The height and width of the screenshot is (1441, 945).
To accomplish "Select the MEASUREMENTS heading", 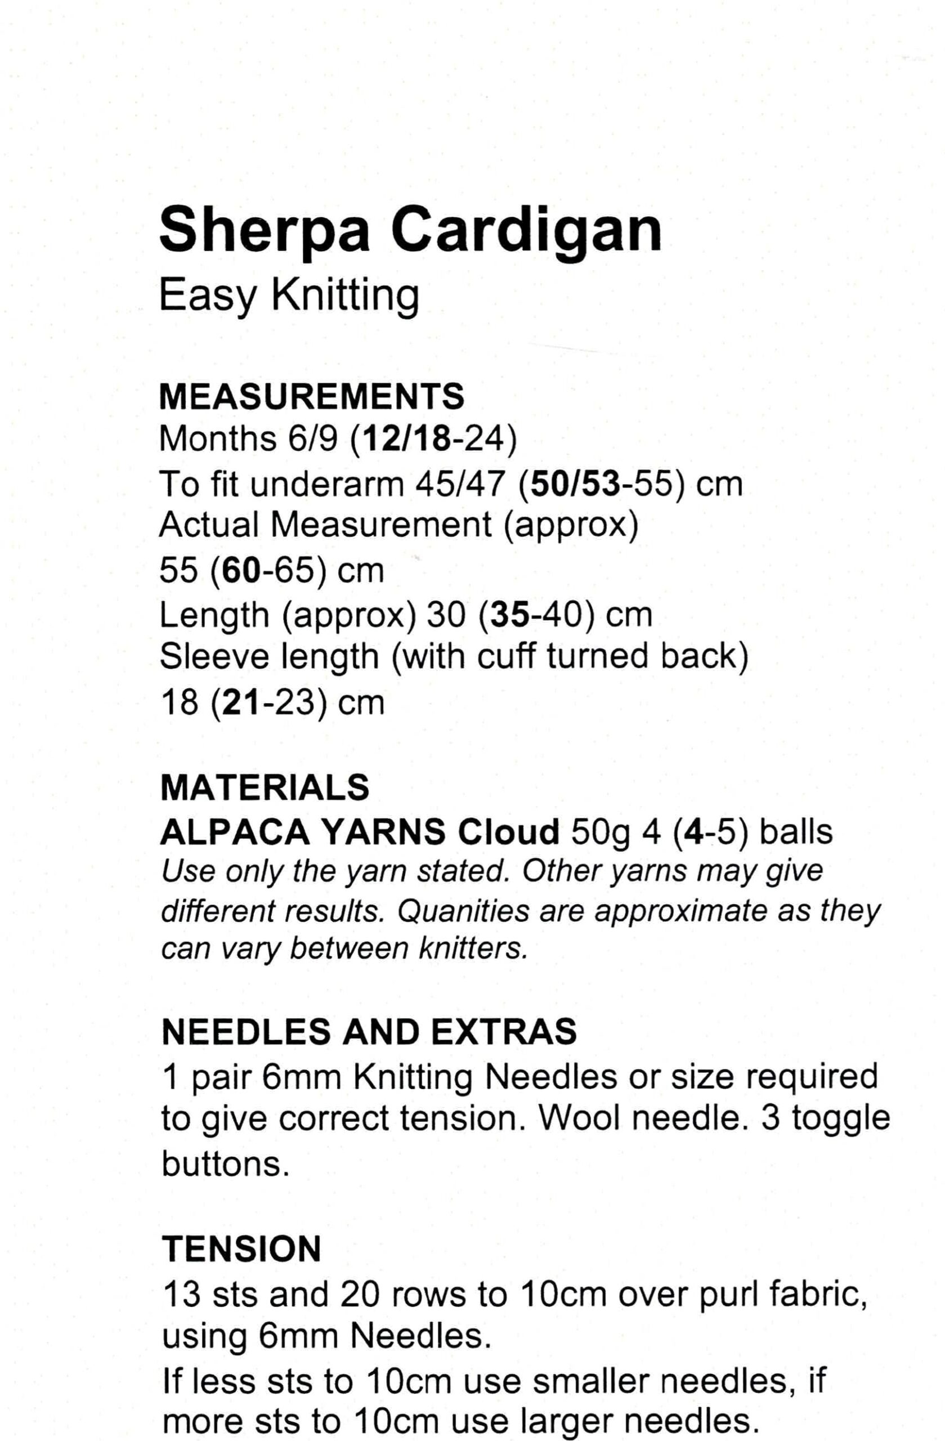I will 311,397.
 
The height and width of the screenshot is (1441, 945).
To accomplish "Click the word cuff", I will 506,656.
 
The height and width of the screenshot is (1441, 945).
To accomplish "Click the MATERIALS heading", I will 265,787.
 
